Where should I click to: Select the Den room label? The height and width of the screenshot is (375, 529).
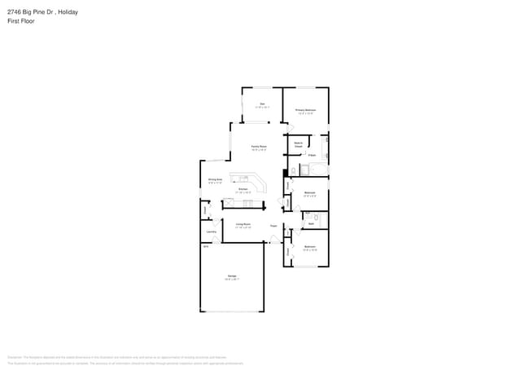tap(262, 104)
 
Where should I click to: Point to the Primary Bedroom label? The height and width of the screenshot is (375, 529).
tap(305, 110)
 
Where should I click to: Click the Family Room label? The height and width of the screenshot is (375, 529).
tap(259, 147)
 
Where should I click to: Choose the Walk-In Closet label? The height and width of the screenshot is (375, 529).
tap(299, 144)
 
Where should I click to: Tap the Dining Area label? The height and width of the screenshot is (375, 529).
tap(215, 180)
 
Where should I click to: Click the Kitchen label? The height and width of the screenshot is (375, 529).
tap(243, 189)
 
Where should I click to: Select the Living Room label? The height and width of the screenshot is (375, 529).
tap(243, 225)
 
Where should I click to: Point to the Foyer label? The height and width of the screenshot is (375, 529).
tap(274, 225)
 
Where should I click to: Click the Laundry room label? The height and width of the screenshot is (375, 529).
tap(211, 232)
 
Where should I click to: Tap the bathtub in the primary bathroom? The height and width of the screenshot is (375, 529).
tap(315, 170)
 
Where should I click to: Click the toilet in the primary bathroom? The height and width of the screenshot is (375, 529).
tap(294, 170)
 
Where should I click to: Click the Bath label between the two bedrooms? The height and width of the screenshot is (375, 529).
tap(310, 222)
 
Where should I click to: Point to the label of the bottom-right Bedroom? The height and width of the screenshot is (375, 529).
tap(310, 247)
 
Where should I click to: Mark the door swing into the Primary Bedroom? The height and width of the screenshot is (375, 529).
tap(288, 126)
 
